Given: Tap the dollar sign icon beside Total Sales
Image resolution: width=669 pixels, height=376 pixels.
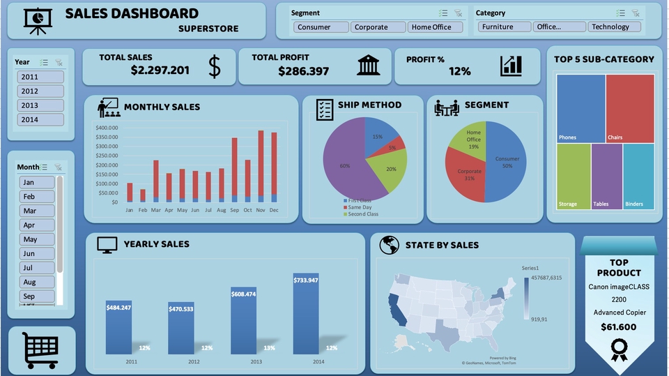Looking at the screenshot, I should [x=215, y=66].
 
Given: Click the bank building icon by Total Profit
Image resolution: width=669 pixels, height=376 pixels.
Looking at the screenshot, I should [x=369, y=66].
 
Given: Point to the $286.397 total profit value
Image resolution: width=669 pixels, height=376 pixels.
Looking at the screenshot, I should [x=303, y=71].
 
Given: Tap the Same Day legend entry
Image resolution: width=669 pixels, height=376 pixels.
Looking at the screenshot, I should [x=360, y=207].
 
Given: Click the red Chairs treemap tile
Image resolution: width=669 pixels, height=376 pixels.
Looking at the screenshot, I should [x=629, y=108].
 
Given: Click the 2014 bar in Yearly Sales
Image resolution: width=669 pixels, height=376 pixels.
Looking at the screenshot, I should [x=306, y=314].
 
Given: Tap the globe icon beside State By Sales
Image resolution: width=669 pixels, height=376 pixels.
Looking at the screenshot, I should [x=389, y=245].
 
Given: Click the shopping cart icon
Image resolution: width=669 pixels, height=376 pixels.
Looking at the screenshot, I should [x=40, y=349].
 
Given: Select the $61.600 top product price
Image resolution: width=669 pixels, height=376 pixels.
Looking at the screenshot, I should [x=619, y=326].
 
